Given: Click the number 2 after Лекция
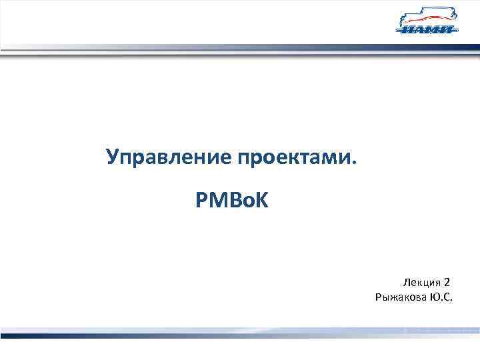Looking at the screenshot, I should pos(447,283).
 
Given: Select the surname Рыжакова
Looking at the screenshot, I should pos(400,297).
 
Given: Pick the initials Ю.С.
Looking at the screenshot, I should pos(439,297).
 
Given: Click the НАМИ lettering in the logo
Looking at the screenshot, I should pos(427,29).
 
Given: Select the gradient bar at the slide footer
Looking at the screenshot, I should pos(240,332).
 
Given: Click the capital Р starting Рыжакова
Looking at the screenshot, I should pos(379,297).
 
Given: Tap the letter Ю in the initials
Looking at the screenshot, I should pos(433,297).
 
